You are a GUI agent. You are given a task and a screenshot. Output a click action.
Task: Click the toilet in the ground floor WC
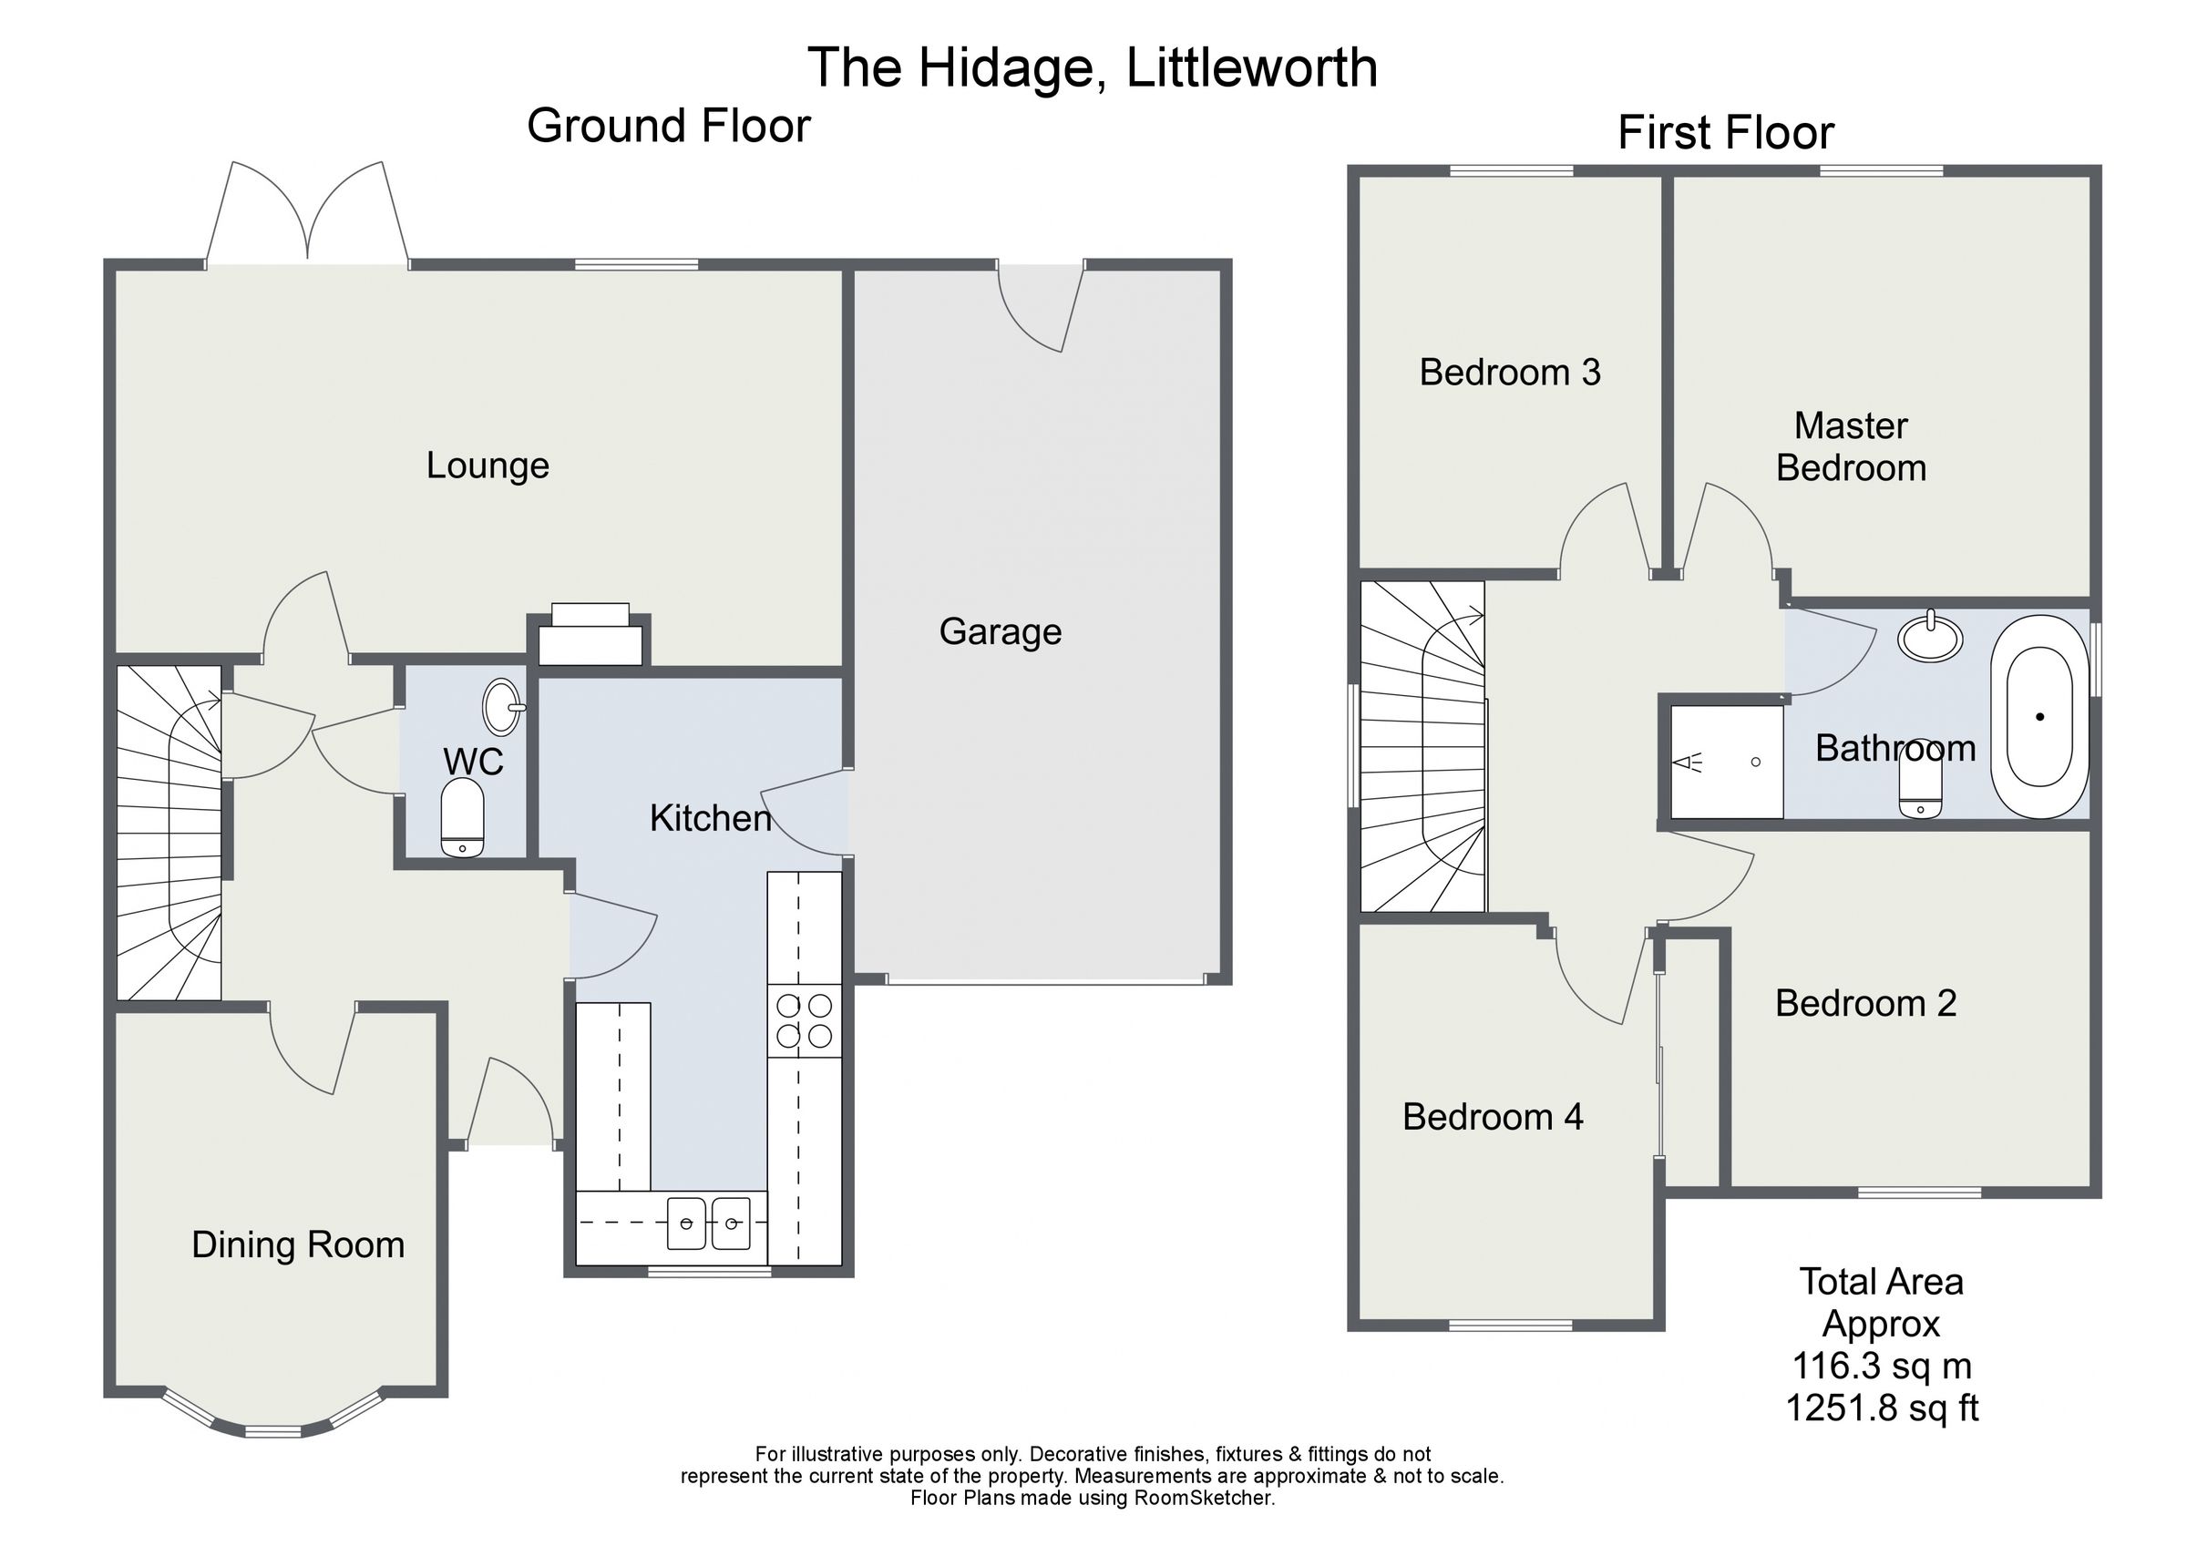[x=463, y=818]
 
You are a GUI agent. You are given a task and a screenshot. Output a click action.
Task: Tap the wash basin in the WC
[x=503, y=707]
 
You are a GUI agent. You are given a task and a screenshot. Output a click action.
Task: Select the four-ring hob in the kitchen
[x=804, y=1020]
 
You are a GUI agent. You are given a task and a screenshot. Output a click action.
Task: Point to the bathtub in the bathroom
[x=2039, y=717]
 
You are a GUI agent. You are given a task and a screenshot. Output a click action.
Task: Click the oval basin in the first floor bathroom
[x=1930, y=638]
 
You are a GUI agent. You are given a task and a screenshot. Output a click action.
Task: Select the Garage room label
[x=1001, y=631]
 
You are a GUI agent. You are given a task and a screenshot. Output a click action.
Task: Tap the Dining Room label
[x=298, y=1245]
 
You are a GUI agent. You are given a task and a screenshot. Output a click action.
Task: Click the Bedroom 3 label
[x=1510, y=373]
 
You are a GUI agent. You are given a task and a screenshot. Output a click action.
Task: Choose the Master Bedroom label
[x=1851, y=446]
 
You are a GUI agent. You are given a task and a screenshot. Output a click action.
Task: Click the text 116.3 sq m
[x=1881, y=1365]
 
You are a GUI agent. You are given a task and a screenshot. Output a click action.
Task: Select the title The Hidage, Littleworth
[x=1093, y=67]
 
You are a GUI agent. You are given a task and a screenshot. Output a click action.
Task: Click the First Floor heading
[x=1725, y=132]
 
